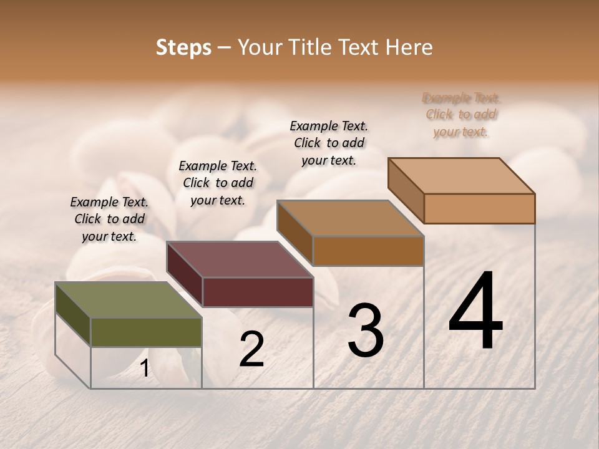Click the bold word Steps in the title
pyautogui.click(x=183, y=48)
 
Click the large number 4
pyautogui.click(x=476, y=311)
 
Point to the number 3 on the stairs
pyautogui.click(x=365, y=331)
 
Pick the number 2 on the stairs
pyautogui.click(x=251, y=350)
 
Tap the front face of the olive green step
pyautogui.click(x=146, y=332)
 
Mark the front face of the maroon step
pyautogui.click(x=258, y=292)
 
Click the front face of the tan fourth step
pyautogui.click(x=479, y=208)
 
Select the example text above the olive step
pyautogui.click(x=109, y=219)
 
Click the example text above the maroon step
pyautogui.click(x=218, y=183)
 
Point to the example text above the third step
pyautogui.click(x=329, y=143)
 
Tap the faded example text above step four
pyautogui.click(x=461, y=115)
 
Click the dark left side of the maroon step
pyautogui.click(x=185, y=274)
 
